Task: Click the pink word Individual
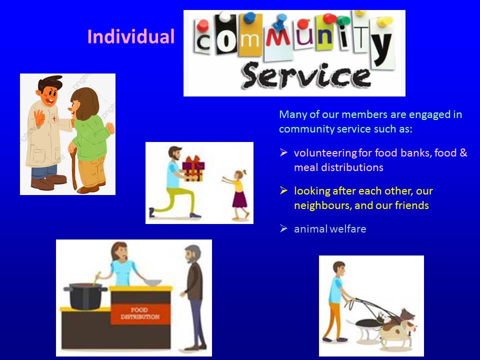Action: coord(131,36)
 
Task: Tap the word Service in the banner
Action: coord(306,75)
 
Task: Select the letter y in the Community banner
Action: coord(382,49)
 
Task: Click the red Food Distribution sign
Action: coord(140,313)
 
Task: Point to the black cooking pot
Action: coord(85,296)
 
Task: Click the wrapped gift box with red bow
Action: coord(193,168)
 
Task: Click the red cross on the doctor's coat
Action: coord(54,119)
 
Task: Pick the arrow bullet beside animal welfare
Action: coord(283,228)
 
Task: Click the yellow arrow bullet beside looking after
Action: coord(283,190)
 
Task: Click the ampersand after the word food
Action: coord(463,152)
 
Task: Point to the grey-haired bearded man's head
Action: coord(193,253)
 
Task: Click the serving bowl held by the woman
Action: coord(152,282)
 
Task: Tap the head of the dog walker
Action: coord(339,268)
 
